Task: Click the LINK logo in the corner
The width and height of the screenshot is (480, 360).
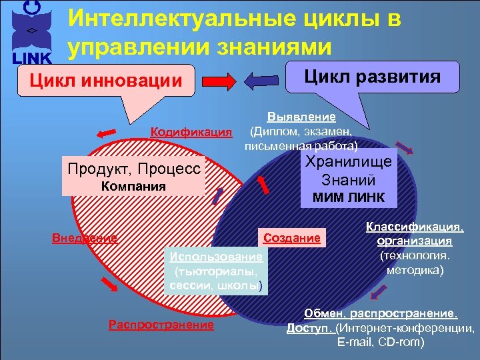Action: (x=29, y=33)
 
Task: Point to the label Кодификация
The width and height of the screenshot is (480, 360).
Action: (x=190, y=131)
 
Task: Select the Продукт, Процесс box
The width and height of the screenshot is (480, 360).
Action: (x=133, y=168)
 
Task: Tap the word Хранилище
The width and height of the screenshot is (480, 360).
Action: (x=348, y=161)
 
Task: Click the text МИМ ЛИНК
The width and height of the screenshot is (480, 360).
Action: (x=348, y=199)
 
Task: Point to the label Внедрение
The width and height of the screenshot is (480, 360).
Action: (x=85, y=237)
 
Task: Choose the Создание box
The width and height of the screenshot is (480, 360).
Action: (x=292, y=237)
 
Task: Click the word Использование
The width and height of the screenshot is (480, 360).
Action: (x=216, y=257)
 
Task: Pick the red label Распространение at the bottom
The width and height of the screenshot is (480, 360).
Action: (x=161, y=325)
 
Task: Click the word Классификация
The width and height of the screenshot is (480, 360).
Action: (x=414, y=227)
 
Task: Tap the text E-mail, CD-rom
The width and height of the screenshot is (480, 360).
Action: (x=381, y=343)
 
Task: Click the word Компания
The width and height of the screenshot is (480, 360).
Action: (x=133, y=186)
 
